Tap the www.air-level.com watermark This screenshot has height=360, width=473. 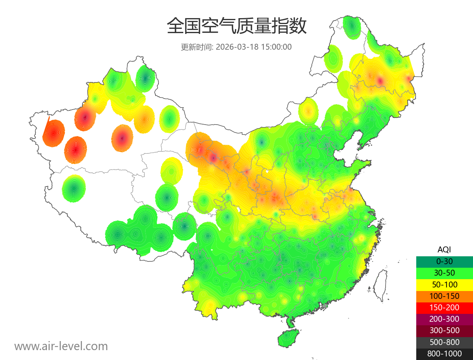(x=61, y=346)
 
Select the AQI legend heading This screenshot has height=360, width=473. (x=444, y=249)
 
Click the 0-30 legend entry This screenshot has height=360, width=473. (x=444, y=261)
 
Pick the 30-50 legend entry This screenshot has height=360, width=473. (x=444, y=272)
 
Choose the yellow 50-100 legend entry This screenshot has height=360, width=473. (x=444, y=284)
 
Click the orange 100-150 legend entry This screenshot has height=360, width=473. (x=444, y=296)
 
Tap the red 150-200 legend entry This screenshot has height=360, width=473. (x=444, y=307)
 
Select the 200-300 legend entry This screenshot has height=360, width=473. (x=444, y=319)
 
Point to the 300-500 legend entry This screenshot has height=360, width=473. (x=444, y=330)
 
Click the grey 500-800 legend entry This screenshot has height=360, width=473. (x=444, y=342)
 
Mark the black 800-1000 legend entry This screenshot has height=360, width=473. (x=444, y=354)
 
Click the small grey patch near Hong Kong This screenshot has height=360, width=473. (x=325, y=306)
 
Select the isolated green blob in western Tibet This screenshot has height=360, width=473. (x=74, y=189)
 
